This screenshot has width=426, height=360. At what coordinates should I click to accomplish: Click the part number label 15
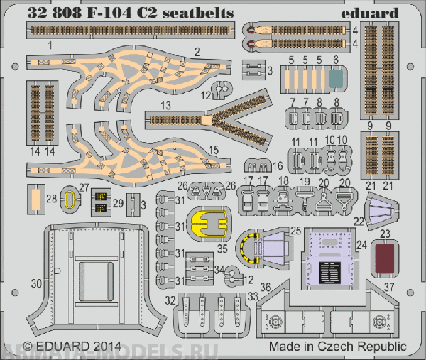pos(212,151)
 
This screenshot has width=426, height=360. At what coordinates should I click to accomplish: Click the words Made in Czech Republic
pos(338,347)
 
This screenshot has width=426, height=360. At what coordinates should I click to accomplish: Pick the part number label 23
pos(384,232)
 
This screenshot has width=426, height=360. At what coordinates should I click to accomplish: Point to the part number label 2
pos(197,50)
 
